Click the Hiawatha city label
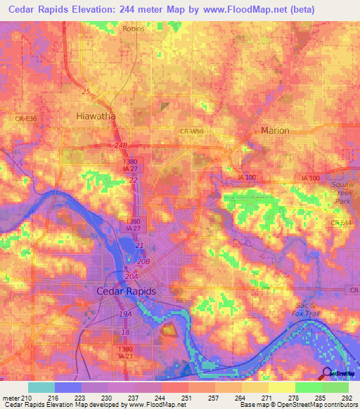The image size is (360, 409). [96, 117]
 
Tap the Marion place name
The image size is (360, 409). [275, 131]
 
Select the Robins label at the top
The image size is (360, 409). [133, 29]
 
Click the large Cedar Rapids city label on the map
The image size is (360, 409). [126, 291]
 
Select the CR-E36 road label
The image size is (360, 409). [26, 119]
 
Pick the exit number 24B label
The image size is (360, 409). [122, 145]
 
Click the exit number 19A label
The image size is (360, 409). [125, 314]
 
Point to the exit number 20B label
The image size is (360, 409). [143, 261]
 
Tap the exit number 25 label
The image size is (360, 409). [86, 92]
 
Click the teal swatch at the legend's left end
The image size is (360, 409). [41, 387]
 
